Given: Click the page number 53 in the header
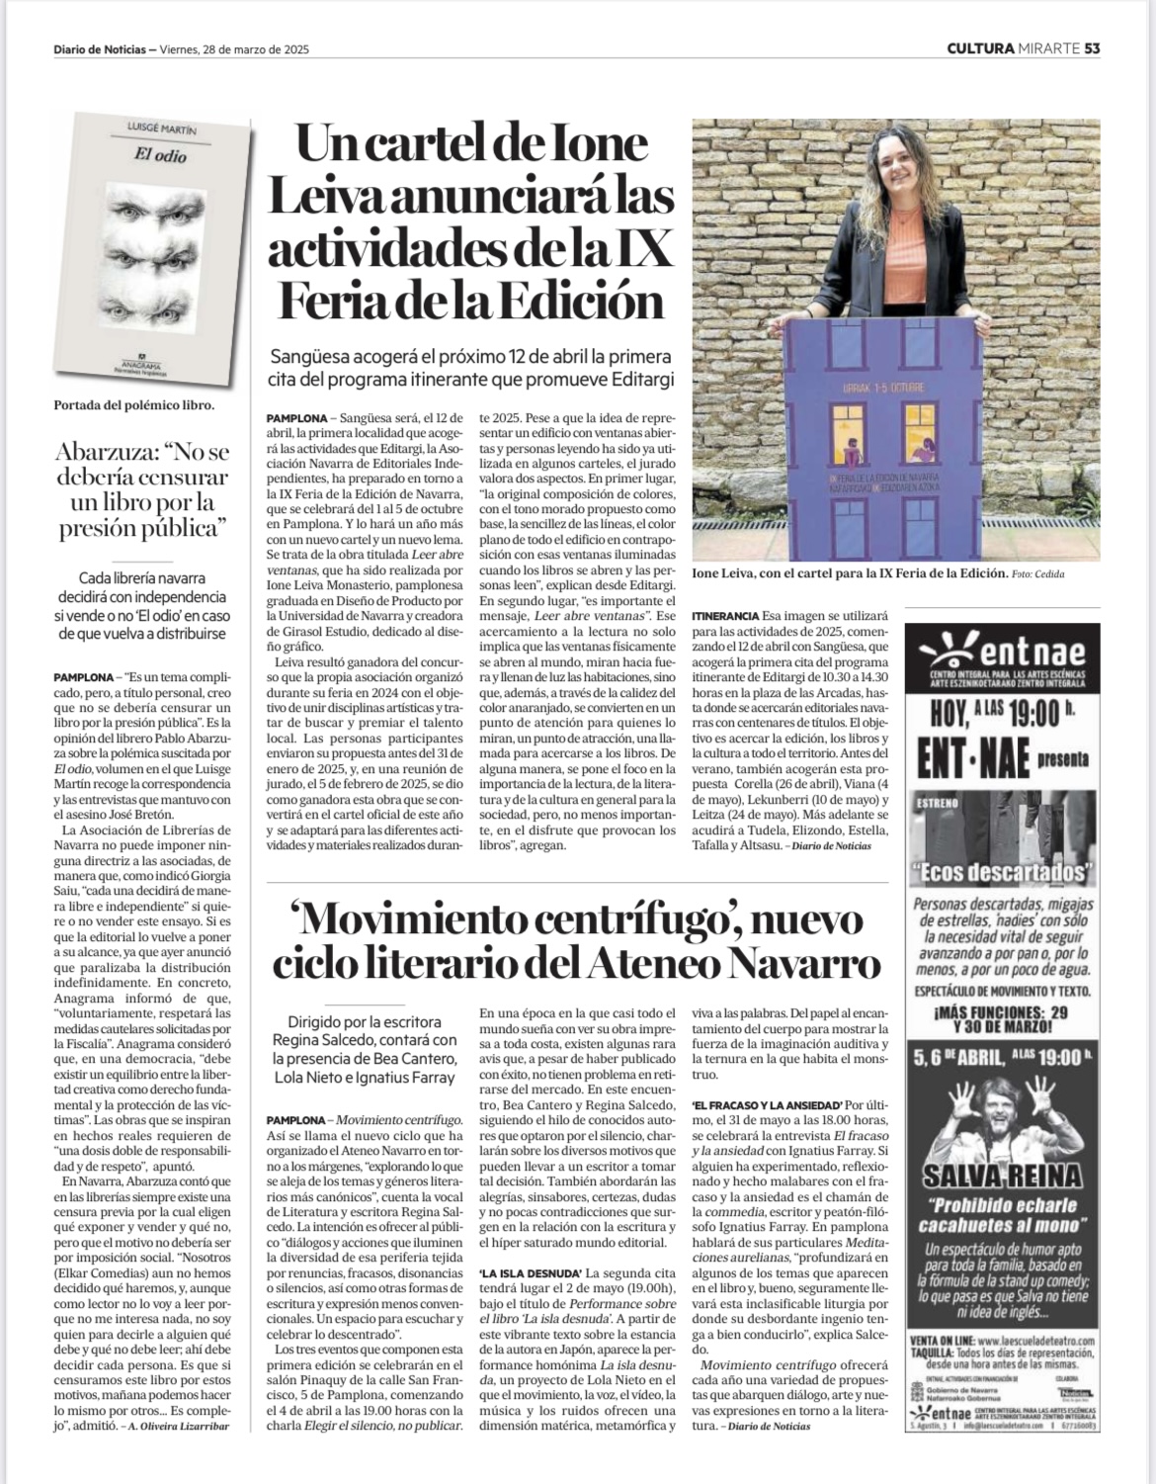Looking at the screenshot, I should tap(1092, 47).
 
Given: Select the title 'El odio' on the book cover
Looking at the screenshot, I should tap(160, 156).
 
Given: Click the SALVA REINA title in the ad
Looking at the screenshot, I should tap(1002, 1175).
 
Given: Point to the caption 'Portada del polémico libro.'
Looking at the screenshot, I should tap(134, 404).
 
